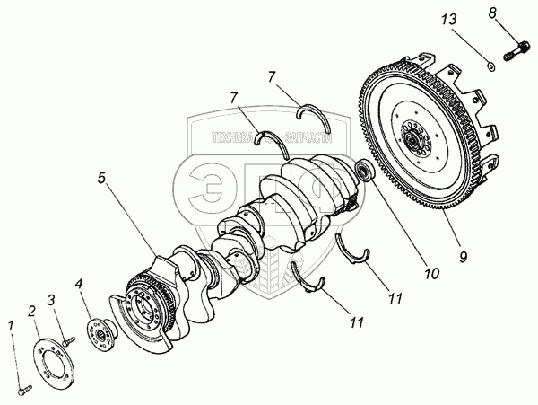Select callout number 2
[31, 311]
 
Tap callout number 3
[52, 299]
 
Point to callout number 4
[81, 286]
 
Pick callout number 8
[516, 13]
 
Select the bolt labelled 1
[22, 391]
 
